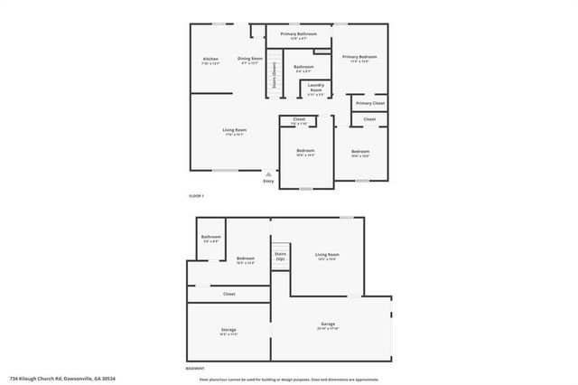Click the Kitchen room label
[210, 60]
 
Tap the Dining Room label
[249, 60]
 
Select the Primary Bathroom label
[298, 35]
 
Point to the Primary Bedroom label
[359, 58]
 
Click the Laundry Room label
[316, 89]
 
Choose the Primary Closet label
[369, 103]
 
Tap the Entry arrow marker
[268, 174]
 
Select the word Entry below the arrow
[268, 182]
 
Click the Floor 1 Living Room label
[235, 131]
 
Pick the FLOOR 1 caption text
[196, 196]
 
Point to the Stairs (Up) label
[280, 257]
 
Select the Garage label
[328, 324]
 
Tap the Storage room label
[228, 331]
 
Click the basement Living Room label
[327, 256]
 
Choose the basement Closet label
[228, 294]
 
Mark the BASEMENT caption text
[196, 369]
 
